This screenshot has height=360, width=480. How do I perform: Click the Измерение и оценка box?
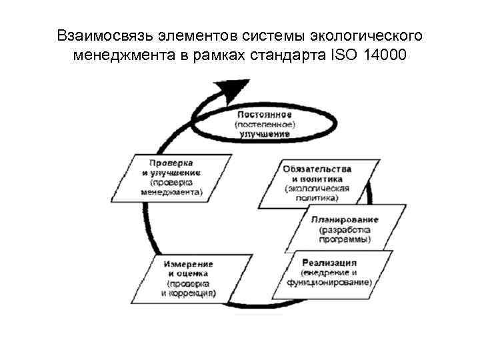[189, 278]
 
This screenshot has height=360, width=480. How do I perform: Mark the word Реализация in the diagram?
[329, 262]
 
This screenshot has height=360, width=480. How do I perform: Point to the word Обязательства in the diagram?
[317, 169]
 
